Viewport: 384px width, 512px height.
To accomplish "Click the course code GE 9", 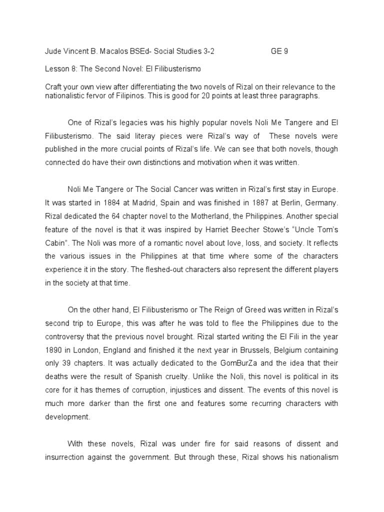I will tap(279, 51).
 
